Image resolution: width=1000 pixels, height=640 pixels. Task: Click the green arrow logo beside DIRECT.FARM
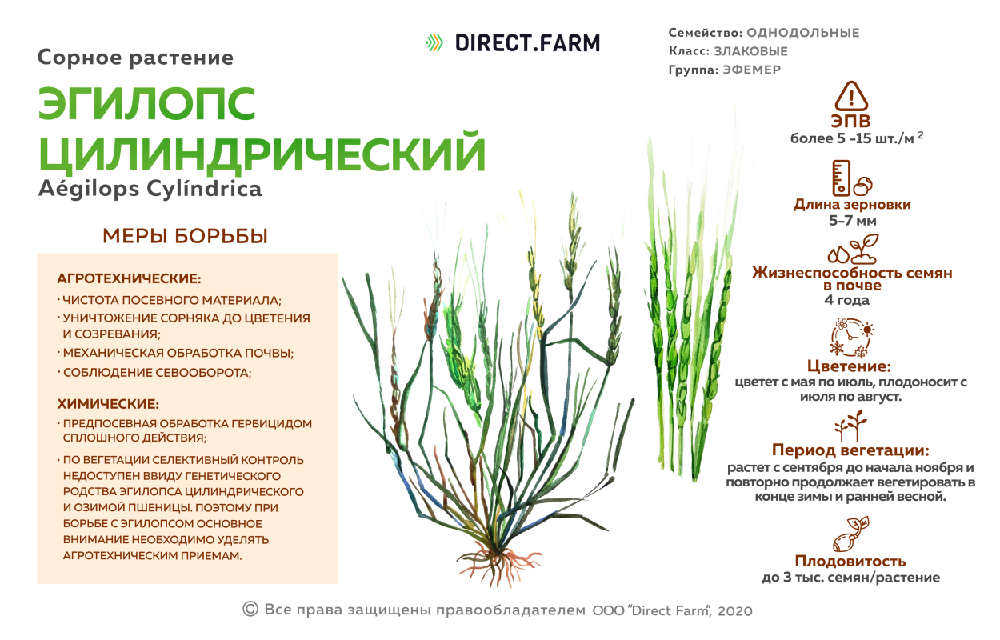434,42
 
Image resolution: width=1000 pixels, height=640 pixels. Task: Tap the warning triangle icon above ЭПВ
851,96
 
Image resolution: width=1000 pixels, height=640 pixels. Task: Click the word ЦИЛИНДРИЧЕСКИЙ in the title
262,154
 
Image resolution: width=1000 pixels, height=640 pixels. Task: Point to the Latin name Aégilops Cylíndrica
150,190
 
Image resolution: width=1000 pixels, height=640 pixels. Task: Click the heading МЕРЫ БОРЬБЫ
185,237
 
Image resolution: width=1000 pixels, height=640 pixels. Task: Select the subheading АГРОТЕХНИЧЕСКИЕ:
129,279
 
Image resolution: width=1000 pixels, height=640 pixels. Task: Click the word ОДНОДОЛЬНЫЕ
802,33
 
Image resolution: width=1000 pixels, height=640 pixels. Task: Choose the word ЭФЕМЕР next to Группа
751,70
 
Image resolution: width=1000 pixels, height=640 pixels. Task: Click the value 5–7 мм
852,219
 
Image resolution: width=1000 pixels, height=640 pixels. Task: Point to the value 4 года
852,301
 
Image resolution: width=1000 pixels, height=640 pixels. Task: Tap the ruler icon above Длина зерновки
840,178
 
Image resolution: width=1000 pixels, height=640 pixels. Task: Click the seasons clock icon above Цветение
852,338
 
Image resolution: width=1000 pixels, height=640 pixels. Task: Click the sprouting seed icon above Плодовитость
851,534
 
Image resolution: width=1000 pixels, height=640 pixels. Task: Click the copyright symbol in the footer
250,610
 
